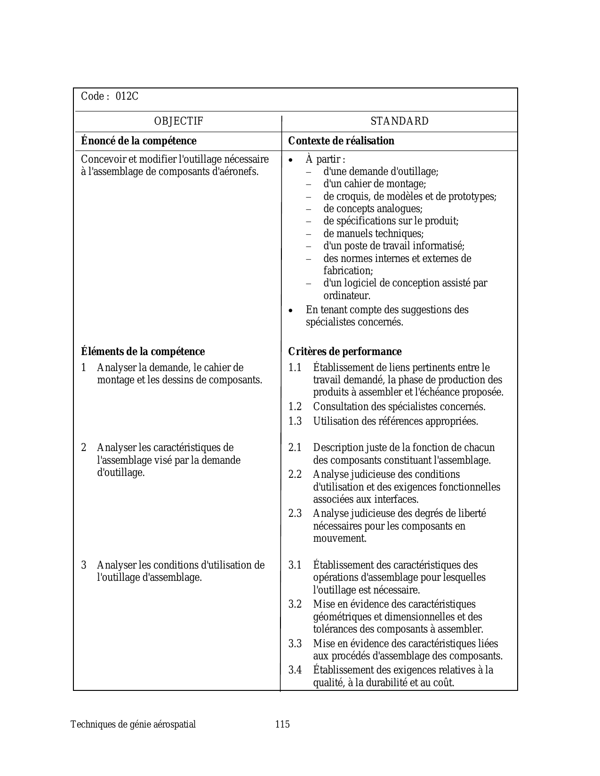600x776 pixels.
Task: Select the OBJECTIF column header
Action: (x=179, y=121)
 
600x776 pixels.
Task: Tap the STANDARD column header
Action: (x=400, y=121)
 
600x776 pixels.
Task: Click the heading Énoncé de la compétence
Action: (x=139, y=141)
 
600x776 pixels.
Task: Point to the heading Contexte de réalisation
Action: (x=341, y=141)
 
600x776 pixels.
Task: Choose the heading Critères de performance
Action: (x=345, y=352)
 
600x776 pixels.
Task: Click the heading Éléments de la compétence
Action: (x=143, y=352)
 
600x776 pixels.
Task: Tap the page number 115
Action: (x=282, y=724)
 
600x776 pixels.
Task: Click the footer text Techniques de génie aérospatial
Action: (x=133, y=724)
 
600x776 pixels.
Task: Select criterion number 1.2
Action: (x=295, y=407)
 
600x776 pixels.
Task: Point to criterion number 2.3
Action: (x=295, y=514)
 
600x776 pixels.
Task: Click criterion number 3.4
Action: (x=295, y=670)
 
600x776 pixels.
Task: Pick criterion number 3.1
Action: (x=295, y=565)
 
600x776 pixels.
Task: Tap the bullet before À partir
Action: (x=292, y=160)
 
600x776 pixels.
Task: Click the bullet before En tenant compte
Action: (x=292, y=311)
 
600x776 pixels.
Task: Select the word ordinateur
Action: (x=347, y=296)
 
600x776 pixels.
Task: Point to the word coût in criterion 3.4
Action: (x=444, y=683)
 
